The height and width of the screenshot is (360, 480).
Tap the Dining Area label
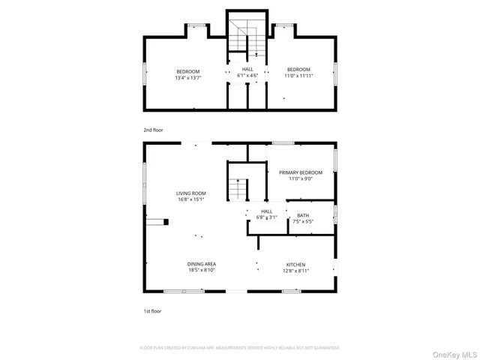click(202, 264)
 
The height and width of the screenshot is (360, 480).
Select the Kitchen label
click(295, 264)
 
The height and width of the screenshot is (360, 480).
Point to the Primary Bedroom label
click(301, 172)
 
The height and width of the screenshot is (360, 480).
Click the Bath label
click(302, 215)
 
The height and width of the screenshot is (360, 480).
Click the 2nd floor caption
click(153, 130)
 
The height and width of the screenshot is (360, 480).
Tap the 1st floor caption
click(152, 310)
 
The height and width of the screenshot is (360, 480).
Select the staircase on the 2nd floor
click(247, 40)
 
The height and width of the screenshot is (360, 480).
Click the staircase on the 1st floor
click(238, 189)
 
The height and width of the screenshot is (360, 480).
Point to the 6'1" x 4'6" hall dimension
click(247, 76)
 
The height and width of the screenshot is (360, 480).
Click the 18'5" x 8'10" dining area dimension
click(202, 270)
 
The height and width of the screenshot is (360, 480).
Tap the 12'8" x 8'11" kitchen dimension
click(295, 270)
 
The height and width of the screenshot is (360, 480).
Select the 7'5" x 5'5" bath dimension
click(302, 221)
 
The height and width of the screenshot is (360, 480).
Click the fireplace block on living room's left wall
click(159, 221)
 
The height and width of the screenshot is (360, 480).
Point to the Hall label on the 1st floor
click(266, 211)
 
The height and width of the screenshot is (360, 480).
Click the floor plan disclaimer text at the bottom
click(240, 348)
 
